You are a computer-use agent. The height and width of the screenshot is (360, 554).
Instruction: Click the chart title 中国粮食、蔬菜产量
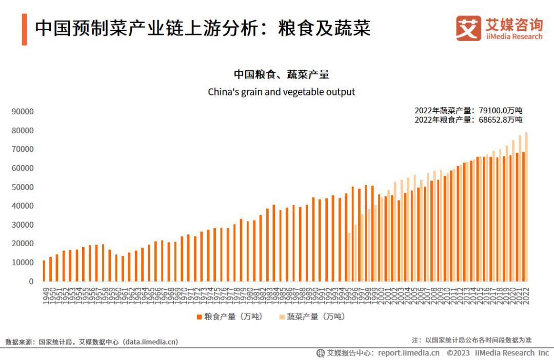coord(281,75)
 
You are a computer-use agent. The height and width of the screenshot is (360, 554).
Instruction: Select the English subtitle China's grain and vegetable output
coord(281,92)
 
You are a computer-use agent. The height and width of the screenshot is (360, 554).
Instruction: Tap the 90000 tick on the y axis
coord(23,112)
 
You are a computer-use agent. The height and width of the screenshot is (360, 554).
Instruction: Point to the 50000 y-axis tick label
coord(23,187)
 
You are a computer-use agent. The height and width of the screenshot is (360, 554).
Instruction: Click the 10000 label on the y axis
coord(23,263)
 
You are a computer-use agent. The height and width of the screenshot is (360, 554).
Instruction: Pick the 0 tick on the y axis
coord(31,282)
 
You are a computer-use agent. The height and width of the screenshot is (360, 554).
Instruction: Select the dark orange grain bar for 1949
coord(44,271)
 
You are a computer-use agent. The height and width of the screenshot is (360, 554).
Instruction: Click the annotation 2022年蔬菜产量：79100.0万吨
coord(468,110)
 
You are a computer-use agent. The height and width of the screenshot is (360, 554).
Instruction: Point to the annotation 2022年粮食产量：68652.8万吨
coord(468,120)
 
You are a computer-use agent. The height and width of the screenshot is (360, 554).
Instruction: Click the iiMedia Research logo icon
coord(468,28)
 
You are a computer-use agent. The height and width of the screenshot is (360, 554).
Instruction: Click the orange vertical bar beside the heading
coord(24,29)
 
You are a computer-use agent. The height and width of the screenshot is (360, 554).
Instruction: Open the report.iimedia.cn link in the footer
coord(408,353)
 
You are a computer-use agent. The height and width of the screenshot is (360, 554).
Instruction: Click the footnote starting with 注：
coord(471,340)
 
